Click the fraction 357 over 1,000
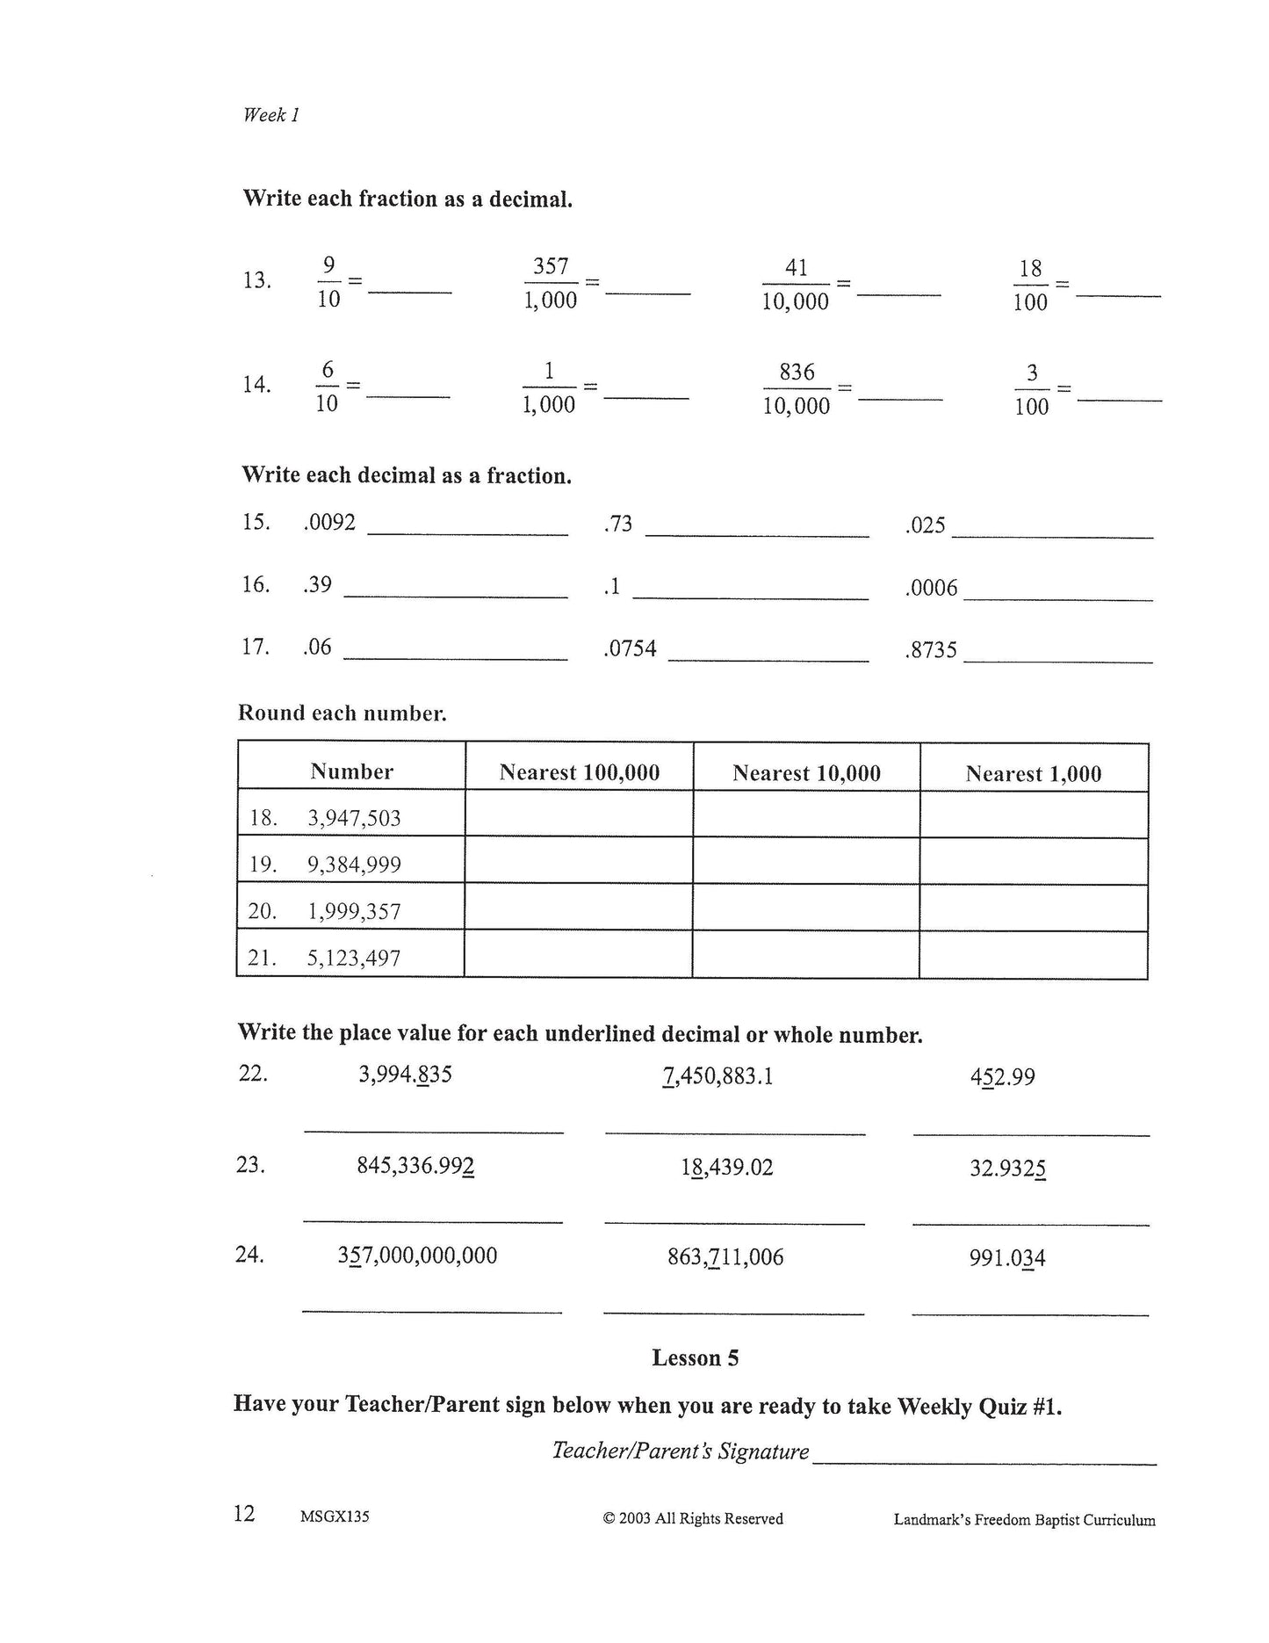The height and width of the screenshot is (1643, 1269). tap(551, 283)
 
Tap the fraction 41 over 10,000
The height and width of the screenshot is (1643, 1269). tap(796, 285)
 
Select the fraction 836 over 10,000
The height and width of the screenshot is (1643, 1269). tap(797, 389)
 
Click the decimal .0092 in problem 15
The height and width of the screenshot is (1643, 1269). tap(329, 523)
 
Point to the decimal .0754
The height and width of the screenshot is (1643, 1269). tap(631, 649)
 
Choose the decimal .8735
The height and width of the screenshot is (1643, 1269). tap(931, 651)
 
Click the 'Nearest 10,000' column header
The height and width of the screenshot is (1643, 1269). tap(806, 773)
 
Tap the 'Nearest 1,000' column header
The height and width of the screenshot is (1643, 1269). tap(1033, 774)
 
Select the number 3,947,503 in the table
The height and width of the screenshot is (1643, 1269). tap(354, 819)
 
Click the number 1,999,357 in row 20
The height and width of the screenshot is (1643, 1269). tap(354, 912)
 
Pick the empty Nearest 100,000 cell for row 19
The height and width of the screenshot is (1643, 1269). tap(579, 861)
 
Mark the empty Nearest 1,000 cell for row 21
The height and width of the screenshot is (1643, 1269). tap(1034, 955)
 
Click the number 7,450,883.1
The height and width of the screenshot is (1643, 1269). tap(718, 1076)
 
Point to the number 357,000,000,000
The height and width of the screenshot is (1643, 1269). tap(417, 1256)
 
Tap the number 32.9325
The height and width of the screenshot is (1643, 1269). tap(1007, 1169)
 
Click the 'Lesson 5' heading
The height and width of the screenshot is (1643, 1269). tap(695, 1358)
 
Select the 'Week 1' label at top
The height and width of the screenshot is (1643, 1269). tap(271, 115)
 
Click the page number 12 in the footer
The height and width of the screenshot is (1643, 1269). tap(244, 1514)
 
